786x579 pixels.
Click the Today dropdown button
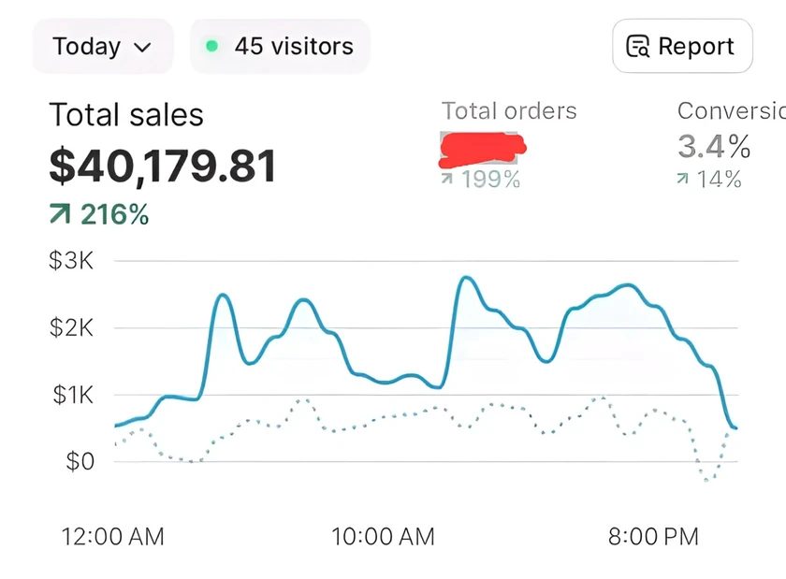pyautogui.click(x=102, y=46)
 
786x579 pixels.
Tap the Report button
pyautogui.click(x=682, y=46)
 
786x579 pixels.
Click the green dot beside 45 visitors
pyautogui.click(x=212, y=46)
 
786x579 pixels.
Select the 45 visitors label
pyautogui.click(x=293, y=46)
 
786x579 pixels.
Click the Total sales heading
pyautogui.click(x=126, y=115)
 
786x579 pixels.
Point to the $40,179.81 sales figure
pyautogui.click(x=163, y=166)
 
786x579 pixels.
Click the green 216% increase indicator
pyautogui.click(x=99, y=215)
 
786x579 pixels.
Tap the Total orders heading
pyautogui.click(x=509, y=111)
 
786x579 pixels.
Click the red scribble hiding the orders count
pyautogui.click(x=482, y=146)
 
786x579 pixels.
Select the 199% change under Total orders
pyautogui.click(x=481, y=179)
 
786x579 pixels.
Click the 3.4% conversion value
pyautogui.click(x=714, y=147)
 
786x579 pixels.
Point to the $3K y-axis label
pyautogui.click(x=71, y=260)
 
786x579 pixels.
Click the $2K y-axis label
pyautogui.click(x=71, y=327)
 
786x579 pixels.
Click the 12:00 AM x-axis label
pyautogui.click(x=112, y=537)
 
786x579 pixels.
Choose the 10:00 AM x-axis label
pyautogui.click(x=383, y=537)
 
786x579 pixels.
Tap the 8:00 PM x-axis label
pyautogui.click(x=653, y=537)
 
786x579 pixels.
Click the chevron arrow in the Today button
pyautogui.click(x=142, y=47)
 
